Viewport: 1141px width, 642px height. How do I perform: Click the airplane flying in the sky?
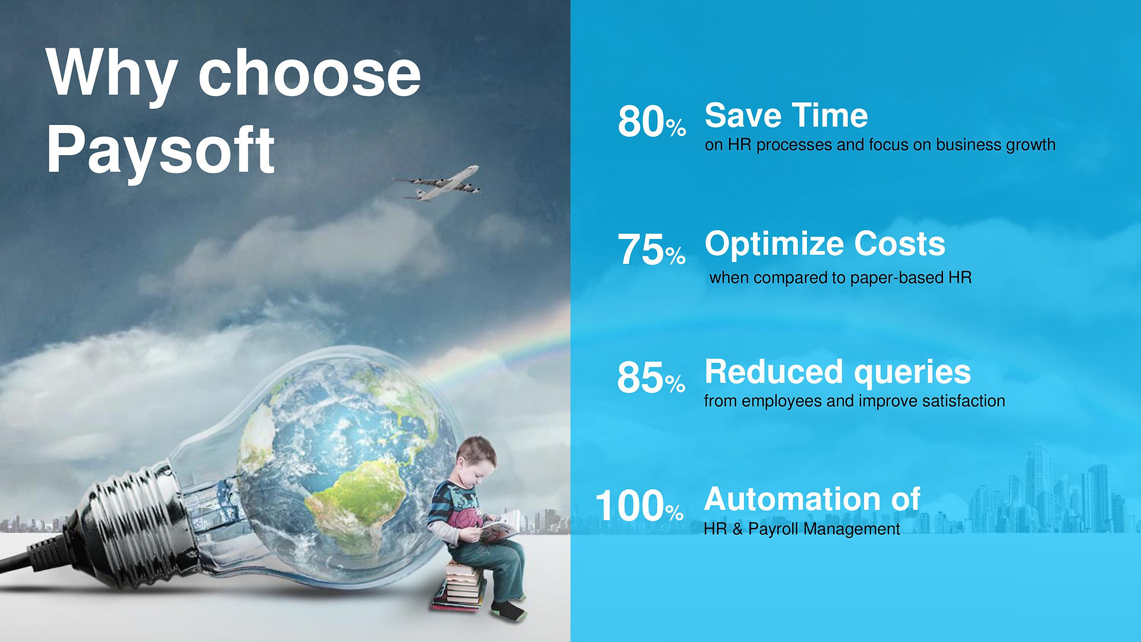(x=437, y=183)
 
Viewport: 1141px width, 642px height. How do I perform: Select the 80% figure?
(x=652, y=122)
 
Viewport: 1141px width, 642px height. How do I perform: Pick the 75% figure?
(x=652, y=250)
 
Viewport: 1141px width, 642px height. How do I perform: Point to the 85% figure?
(x=651, y=377)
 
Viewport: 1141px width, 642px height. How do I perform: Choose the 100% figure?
(x=639, y=506)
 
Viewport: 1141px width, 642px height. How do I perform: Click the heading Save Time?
(x=786, y=115)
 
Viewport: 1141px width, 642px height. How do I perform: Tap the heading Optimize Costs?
(x=825, y=244)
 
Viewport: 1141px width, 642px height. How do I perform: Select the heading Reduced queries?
(x=838, y=373)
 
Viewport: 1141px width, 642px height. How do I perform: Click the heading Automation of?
(x=812, y=499)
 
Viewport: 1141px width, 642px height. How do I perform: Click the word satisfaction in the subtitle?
(x=963, y=401)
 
